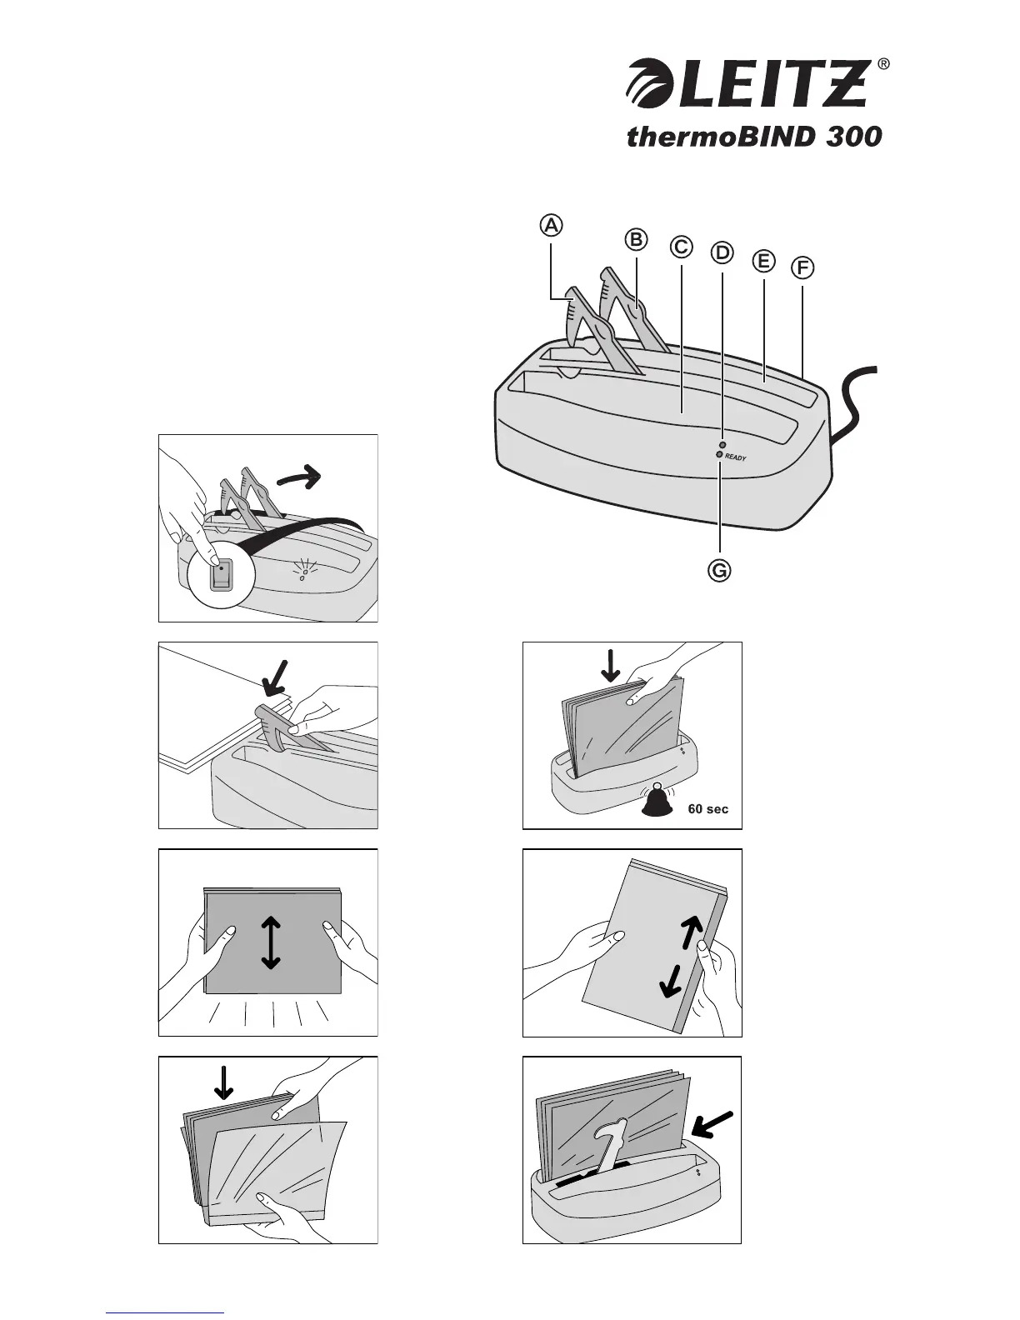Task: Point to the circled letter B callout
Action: tap(636, 239)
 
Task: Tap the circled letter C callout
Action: tap(680, 247)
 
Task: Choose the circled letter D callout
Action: tap(722, 252)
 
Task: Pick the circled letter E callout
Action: tap(762, 261)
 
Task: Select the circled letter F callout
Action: tap(802, 268)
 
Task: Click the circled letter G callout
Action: tap(718, 571)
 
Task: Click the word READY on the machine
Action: tap(735, 457)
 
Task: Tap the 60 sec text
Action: tap(707, 808)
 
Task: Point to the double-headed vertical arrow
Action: tap(270, 942)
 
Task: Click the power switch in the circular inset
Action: tap(220, 575)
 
